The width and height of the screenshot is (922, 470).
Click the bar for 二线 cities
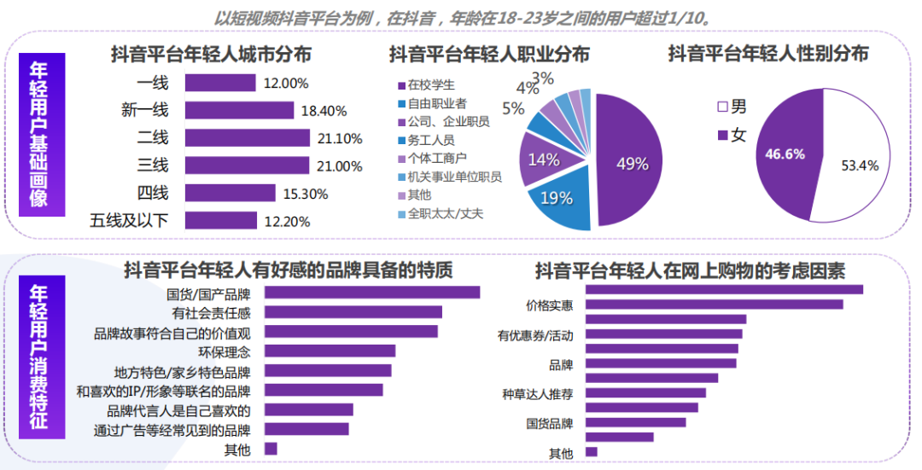[247, 137]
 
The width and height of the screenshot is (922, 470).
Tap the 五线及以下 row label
[129, 220]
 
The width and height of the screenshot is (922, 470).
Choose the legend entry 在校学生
[431, 84]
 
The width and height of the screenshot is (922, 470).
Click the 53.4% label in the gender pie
[860, 165]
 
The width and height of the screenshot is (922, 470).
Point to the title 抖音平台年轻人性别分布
[767, 54]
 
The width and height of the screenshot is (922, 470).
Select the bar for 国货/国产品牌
[372, 293]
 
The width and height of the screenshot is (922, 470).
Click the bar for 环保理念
[330, 351]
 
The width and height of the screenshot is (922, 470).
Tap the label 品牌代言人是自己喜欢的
[174, 410]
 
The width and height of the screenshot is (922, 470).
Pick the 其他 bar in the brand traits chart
[271, 449]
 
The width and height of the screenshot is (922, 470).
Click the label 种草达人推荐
[538, 394]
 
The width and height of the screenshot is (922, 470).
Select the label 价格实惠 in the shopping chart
[549, 305]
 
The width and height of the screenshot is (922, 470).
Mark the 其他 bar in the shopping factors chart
[592, 452]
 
